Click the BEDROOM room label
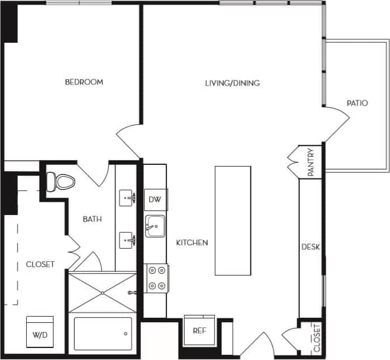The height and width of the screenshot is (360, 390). (84, 82)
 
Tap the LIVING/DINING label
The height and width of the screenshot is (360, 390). (232, 83)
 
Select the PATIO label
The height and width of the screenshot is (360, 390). (357, 103)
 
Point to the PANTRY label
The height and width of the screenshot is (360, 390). (311, 163)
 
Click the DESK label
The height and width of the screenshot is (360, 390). (311, 247)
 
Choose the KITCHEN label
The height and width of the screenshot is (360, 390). (192, 242)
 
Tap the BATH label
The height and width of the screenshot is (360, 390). (92, 219)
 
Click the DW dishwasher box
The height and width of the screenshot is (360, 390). (155, 199)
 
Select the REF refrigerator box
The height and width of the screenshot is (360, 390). (199, 330)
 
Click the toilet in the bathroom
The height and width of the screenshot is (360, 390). (62, 182)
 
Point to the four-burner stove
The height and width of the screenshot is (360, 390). (155, 278)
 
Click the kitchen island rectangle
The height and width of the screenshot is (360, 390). (233, 220)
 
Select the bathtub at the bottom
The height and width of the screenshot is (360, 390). (103, 334)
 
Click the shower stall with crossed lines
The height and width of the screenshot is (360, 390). (103, 292)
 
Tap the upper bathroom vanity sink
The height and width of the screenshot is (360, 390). (128, 199)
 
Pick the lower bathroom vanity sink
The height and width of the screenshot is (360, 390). (128, 240)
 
